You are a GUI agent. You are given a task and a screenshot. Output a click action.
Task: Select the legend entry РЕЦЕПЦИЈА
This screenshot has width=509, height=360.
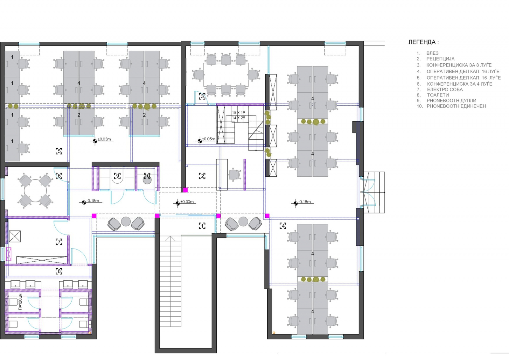coord(440,59)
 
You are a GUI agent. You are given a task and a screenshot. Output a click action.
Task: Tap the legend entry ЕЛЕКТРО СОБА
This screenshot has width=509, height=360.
coord(445,89)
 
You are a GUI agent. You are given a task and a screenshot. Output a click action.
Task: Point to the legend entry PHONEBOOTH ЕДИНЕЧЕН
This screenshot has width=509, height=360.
coord(456,106)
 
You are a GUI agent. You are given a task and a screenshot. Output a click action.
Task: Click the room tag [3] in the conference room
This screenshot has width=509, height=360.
coord(202,96)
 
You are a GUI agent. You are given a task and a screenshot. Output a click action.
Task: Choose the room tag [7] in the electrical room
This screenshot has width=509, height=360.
coord(59,242)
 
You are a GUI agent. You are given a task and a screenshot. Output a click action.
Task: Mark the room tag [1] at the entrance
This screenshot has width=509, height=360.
coord(202,226)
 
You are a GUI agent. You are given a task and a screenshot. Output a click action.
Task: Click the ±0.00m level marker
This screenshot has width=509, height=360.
coord(187,202)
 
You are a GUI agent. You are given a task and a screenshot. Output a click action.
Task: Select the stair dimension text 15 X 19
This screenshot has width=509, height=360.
coord(239,113)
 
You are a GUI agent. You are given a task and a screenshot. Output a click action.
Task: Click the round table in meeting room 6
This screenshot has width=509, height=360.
coord(35,191)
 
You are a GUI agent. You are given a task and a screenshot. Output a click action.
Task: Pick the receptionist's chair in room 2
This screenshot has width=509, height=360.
coord(234,175)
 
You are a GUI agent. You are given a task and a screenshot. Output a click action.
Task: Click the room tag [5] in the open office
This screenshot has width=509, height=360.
coord(59,151)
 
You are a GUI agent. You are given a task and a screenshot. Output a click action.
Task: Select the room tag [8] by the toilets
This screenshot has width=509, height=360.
coord(59,271)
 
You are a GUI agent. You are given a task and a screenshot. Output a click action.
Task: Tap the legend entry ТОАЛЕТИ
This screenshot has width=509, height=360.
coord(438,95)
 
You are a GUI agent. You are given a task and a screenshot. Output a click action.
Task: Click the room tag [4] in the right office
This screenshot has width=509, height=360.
coord(283,226)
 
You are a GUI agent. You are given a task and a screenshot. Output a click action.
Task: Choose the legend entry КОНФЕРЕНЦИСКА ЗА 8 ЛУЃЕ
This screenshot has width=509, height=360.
coord(459,65)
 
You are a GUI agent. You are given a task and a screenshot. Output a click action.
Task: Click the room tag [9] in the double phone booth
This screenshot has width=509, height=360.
coord(117,176)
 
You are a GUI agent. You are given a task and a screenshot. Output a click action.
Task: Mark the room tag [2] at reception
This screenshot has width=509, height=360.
coord(202,176)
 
